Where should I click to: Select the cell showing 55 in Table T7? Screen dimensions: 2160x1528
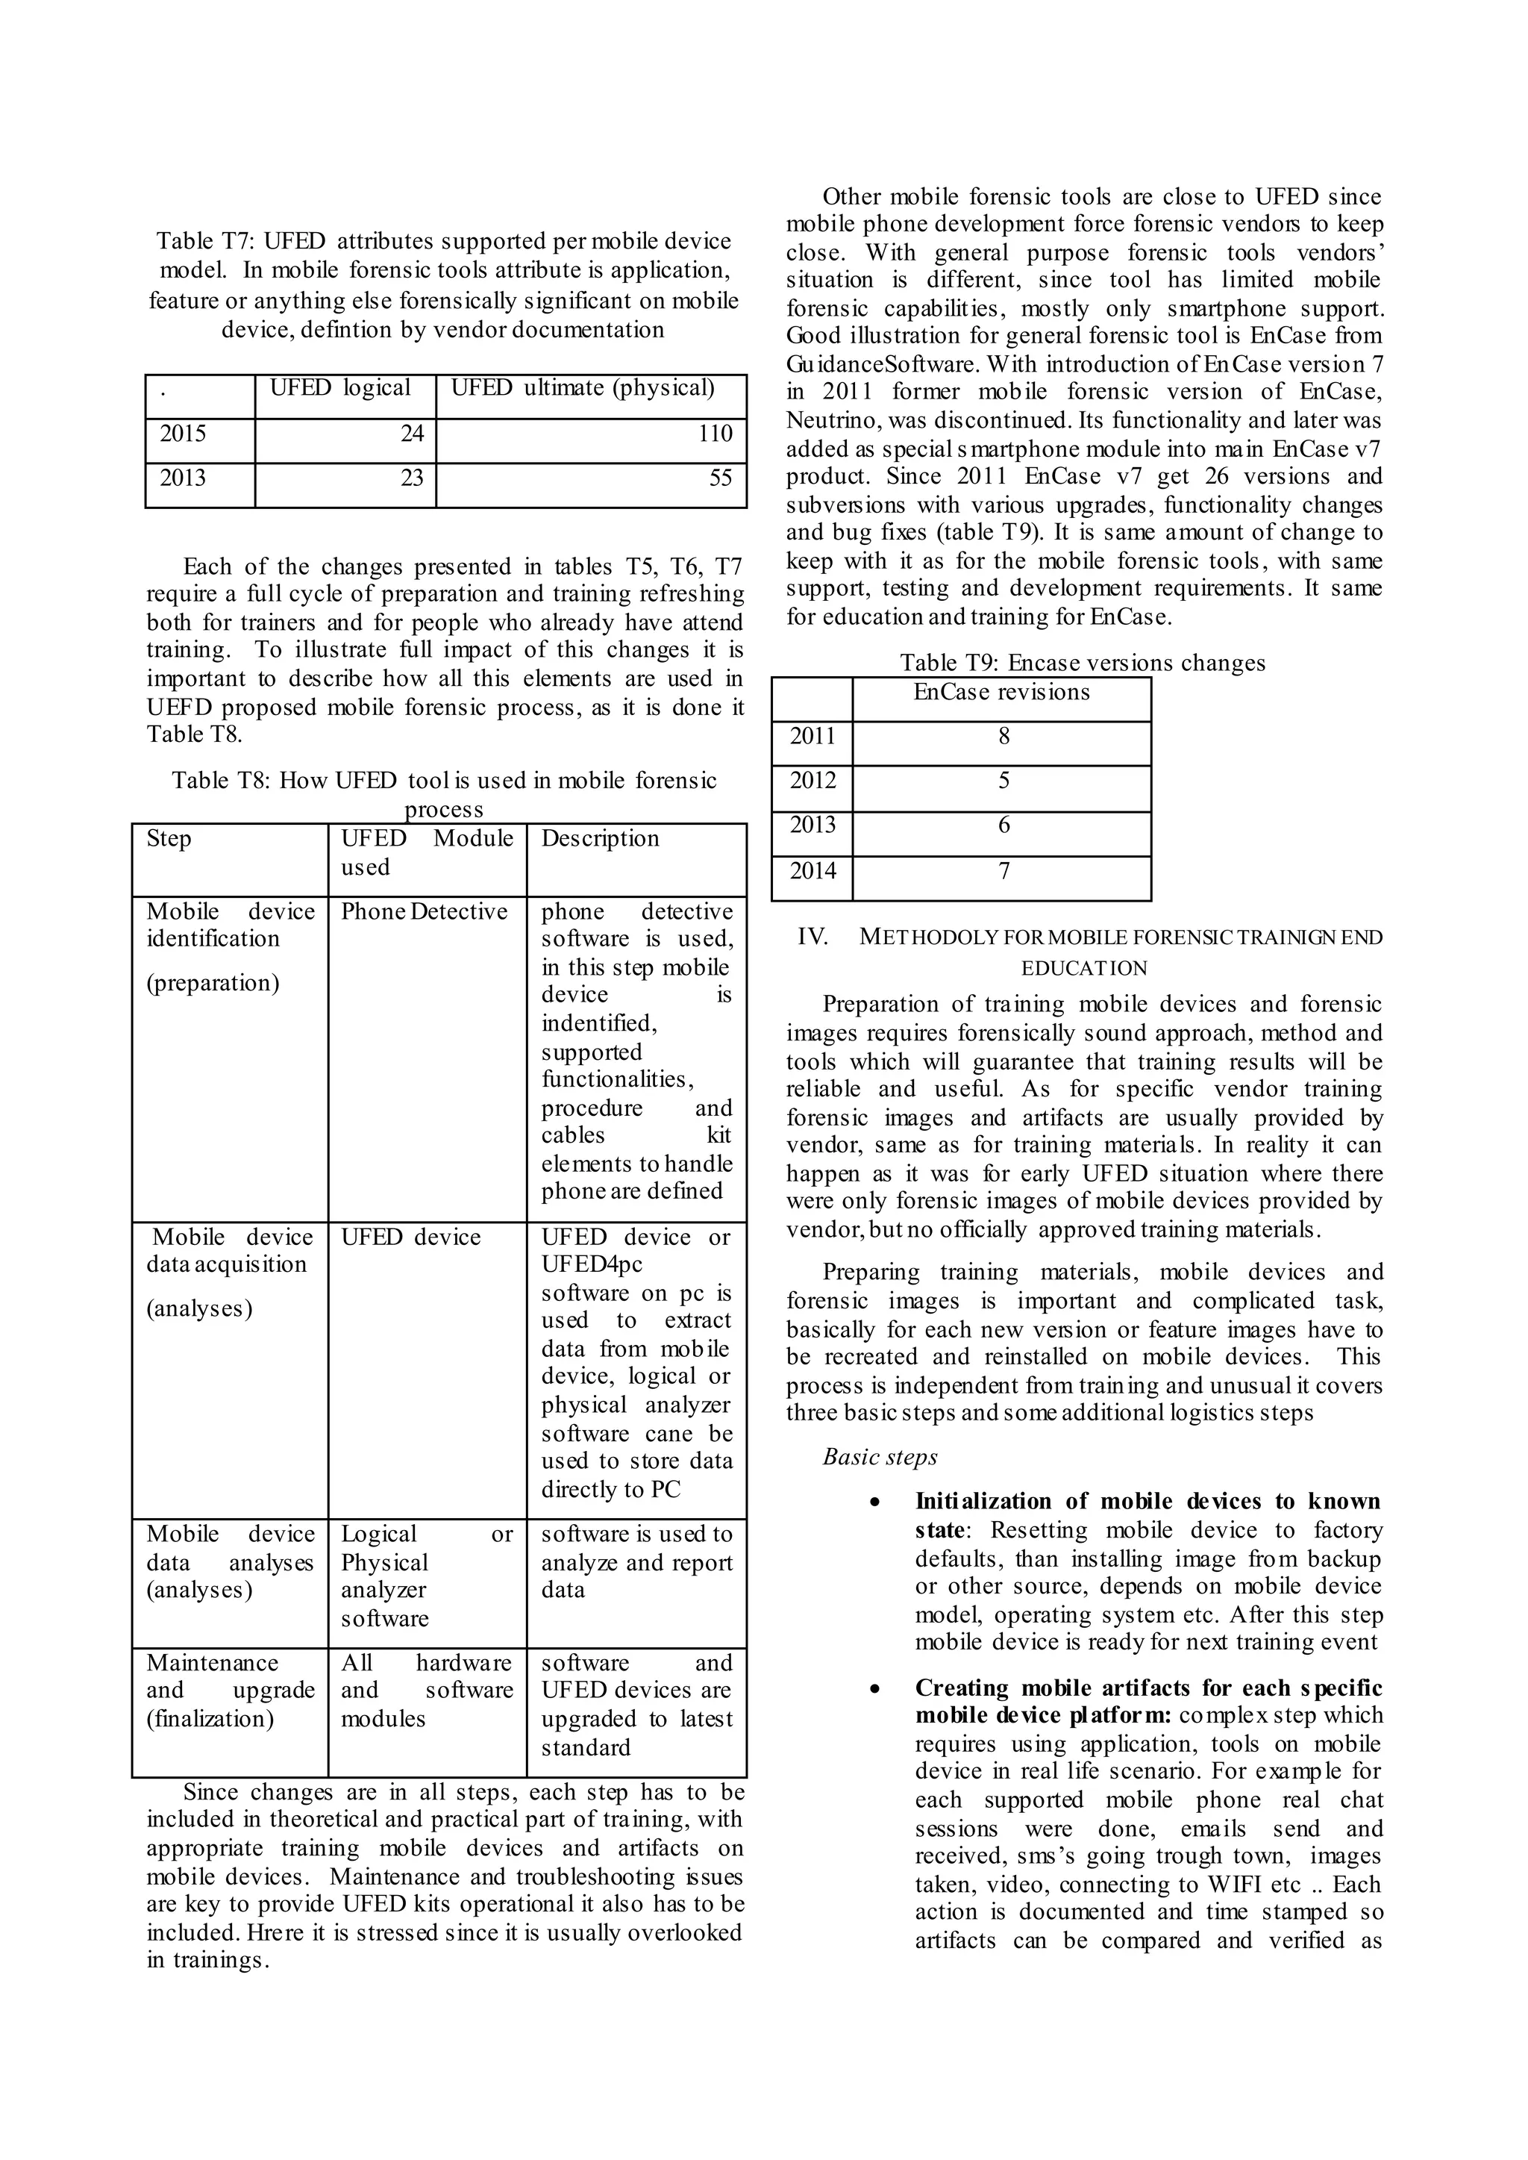[x=720, y=478]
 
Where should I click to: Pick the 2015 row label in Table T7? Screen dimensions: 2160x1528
[x=183, y=434]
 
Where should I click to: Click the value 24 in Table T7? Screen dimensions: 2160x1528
[x=411, y=434]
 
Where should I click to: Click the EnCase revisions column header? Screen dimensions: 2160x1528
[x=1001, y=693]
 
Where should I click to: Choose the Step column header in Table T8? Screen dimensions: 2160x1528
[x=169, y=840]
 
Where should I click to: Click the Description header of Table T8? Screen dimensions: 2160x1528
[x=601, y=840]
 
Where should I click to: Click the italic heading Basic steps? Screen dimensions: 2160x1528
[x=880, y=1458]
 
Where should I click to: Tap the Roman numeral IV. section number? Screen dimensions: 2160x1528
[x=812, y=937]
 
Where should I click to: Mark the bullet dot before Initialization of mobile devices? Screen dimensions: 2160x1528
[x=876, y=1503]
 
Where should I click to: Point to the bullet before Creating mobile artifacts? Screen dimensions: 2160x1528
[x=876, y=1689]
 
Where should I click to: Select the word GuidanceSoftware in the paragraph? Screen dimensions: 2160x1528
[x=879, y=365]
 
